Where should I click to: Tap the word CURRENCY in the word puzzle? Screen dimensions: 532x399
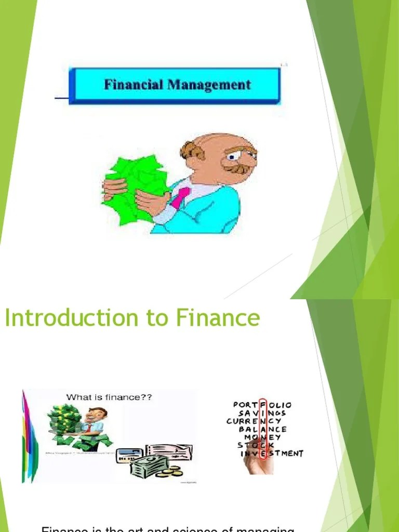point(255,421)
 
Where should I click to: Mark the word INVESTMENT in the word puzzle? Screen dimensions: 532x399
point(272,454)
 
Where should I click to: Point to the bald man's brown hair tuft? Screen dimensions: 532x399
point(193,151)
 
